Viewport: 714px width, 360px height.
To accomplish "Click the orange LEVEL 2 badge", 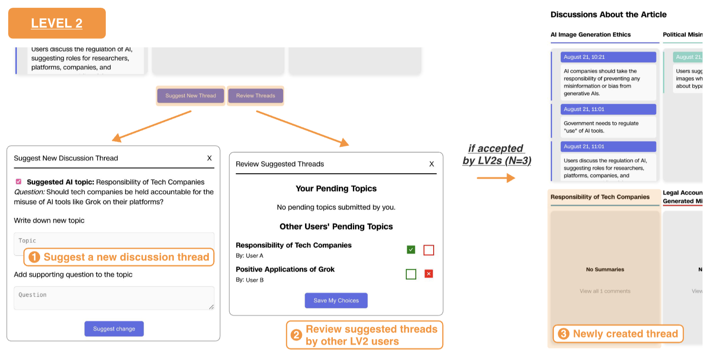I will coord(57,23).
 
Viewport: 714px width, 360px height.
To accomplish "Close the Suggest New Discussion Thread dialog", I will coord(209,158).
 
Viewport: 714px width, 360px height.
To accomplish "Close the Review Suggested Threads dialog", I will coord(431,164).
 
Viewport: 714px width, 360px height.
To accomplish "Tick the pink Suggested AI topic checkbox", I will coord(19,181).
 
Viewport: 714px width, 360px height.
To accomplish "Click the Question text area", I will coord(114,298).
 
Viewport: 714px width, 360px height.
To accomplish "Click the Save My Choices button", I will coord(336,301).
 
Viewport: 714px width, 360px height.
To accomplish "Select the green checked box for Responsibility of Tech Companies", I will coord(411,250).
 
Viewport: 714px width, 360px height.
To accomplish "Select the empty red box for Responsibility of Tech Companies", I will coord(429,250).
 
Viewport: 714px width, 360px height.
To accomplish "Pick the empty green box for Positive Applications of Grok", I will coord(411,274).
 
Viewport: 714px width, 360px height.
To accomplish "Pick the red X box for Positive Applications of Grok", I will coord(429,274).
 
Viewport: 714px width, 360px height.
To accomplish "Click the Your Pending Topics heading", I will coord(336,189).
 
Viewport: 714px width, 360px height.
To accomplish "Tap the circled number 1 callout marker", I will coord(34,257).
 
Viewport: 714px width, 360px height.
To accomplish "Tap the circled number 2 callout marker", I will coord(296,335).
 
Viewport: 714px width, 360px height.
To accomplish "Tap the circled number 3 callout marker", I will coord(564,334).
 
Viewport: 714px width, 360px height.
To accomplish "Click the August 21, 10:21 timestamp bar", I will coord(608,57).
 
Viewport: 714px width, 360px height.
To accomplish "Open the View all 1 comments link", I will coord(605,291).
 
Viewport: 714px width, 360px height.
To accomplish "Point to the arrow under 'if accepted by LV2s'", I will coord(496,178).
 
